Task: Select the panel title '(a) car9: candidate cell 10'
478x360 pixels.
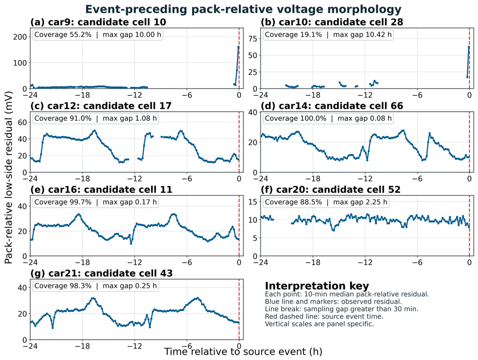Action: coord(98,22)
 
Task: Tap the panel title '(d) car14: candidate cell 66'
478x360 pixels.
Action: coord(332,106)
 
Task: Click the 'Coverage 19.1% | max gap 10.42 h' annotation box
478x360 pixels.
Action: coord(328,35)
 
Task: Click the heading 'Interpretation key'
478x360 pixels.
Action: coord(317,286)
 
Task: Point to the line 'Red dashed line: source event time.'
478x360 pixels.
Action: coord(324,316)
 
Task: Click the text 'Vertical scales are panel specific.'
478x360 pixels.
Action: coord(319,324)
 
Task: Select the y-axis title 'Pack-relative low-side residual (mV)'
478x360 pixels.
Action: coord(9,178)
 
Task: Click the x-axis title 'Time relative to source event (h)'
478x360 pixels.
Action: coord(243,351)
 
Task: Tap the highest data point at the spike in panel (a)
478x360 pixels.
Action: coord(238,47)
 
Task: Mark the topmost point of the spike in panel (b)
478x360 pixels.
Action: coord(469,47)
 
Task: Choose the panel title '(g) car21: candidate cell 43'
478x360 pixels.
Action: coord(101,274)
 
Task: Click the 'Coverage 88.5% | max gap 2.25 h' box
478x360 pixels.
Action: coord(326,202)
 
